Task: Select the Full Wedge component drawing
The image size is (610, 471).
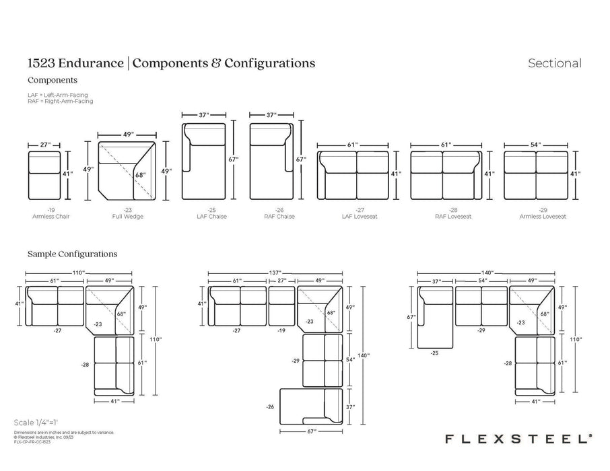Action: coord(127,171)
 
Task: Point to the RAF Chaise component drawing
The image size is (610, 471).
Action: coord(269,161)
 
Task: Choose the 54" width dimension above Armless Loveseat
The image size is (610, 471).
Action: coord(536,145)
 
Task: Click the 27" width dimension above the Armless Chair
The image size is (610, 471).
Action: coord(46,145)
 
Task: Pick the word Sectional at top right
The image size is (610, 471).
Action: coord(554,64)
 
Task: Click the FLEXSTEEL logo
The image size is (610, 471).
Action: coord(518,438)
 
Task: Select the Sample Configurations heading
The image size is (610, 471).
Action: coord(73,254)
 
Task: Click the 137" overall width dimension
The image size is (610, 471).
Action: coord(276,272)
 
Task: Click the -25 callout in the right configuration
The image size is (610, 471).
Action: coord(434,353)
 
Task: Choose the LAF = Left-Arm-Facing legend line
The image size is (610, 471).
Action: coord(58,95)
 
